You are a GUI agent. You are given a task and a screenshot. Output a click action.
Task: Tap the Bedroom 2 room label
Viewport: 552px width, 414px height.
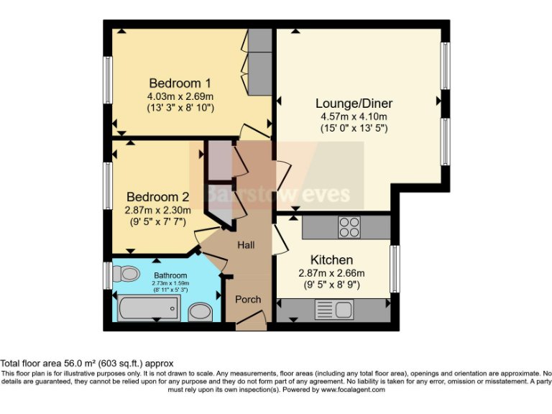pos(158,196)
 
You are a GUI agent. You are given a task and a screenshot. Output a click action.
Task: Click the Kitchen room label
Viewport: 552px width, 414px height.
pos(331,259)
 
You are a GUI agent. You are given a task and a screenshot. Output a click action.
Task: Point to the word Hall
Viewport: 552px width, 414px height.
pos(247,245)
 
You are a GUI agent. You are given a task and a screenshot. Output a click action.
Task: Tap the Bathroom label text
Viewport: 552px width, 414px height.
pos(170,275)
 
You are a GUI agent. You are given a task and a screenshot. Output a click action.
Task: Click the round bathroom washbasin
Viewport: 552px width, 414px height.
pos(199,311)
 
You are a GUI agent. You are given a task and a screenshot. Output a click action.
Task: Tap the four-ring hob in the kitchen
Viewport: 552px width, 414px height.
pos(349,227)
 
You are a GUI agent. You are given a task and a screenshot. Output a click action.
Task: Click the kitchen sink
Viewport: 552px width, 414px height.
pos(333,310)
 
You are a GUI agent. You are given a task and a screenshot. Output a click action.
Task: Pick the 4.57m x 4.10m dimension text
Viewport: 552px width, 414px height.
pos(354,117)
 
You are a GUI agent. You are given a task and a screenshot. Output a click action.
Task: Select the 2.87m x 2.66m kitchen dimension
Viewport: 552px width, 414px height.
pos(332,272)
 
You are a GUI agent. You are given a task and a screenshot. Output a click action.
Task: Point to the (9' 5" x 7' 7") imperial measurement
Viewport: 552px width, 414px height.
pos(157,221)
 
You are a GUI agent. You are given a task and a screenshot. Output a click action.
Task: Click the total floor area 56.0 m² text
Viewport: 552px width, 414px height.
pos(87,364)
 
